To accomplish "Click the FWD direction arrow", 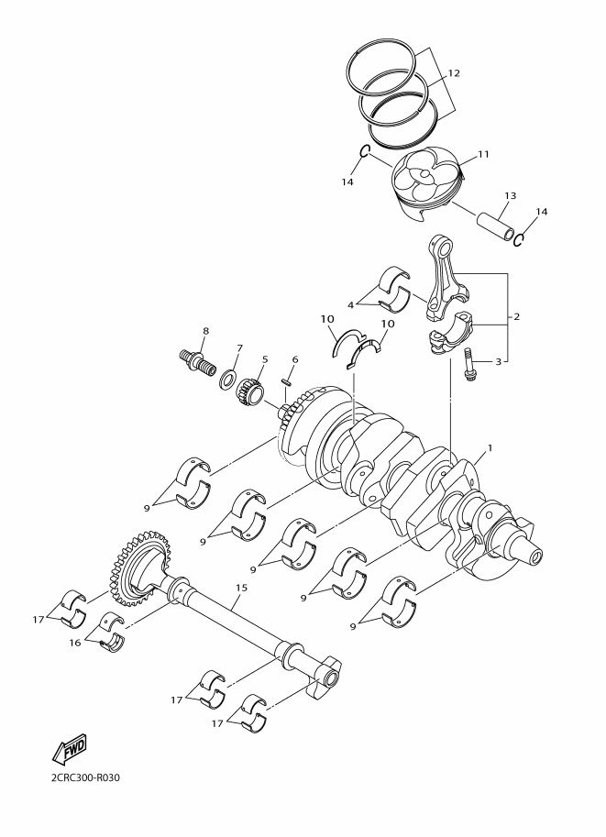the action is pyautogui.click(x=69, y=751).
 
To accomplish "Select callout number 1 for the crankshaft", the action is pyautogui.click(x=490, y=447).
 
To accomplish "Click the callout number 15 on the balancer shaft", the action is pyautogui.click(x=241, y=588).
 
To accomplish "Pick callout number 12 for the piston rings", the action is pyautogui.click(x=453, y=73).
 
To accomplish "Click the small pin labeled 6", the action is pyautogui.click(x=286, y=382).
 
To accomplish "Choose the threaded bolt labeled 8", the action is pyautogui.click(x=197, y=363).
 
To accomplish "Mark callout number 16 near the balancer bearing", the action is pyautogui.click(x=75, y=643).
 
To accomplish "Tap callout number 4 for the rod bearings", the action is pyautogui.click(x=350, y=305).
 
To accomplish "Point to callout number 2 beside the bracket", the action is pyautogui.click(x=516, y=316).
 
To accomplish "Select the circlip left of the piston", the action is pyautogui.click(x=364, y=153).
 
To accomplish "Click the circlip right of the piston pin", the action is pyautogui.click(x=518, y=239).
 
